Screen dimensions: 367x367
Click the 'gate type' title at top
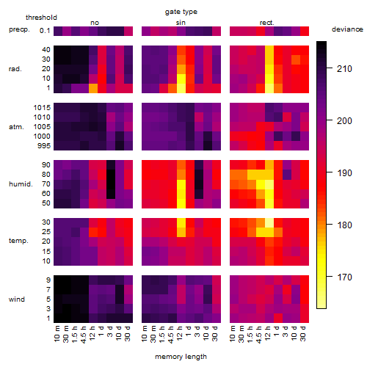[x=181, y=12]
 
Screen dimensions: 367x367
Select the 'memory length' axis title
[x=181, y=357]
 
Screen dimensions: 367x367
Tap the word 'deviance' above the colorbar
[x=347, y=29]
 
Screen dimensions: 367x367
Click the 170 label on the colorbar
[x=344, y=277]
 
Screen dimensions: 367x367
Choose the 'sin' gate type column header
[x=181, y=23]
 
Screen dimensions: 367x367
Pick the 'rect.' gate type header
[x=266, y=23]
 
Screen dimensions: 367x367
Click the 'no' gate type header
[x=95, y=23]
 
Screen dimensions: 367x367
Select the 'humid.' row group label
[x=21, y=184]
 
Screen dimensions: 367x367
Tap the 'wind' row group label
[x=17, y=299]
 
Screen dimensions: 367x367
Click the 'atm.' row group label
[x=16, y=127]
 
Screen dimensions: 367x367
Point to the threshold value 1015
[x=42, y=108]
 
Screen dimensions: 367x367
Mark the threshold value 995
[x=44, y=146]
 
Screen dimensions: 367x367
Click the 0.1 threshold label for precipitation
[x=45, y=31]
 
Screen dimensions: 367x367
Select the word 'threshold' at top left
[x=41, y=18]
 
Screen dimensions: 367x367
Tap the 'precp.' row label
[x=19, y=29]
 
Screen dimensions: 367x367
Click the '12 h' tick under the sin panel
[x=179, y=333]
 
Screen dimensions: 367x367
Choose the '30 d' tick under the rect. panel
[x=302, y=334]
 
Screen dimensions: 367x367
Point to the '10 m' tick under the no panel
[x=57, y=334]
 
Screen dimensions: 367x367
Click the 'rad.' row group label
[x=15, y=69]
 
